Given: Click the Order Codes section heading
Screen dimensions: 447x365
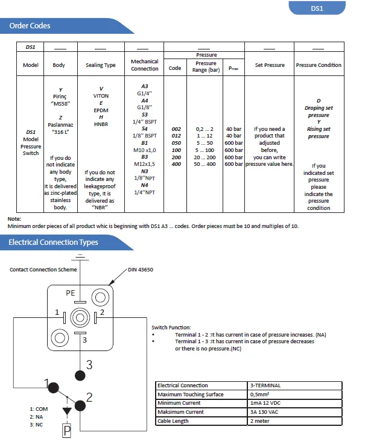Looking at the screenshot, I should pos(30,26).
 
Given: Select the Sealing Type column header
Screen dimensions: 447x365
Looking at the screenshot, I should pos(101,65).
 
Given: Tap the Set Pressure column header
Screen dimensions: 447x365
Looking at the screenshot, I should pos(270,65).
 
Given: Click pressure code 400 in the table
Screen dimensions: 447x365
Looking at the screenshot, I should pos(176,164).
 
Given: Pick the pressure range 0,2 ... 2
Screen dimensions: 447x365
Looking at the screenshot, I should pos(205,129).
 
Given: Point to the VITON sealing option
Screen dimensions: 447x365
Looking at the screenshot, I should pos(101,96).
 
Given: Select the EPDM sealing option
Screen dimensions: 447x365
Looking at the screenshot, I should pos(101,110).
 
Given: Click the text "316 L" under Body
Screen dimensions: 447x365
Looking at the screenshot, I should pos(60,132).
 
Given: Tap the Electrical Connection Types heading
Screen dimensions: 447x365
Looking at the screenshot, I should pos(53,243).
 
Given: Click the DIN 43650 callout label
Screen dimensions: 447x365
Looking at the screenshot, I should pos(141,270).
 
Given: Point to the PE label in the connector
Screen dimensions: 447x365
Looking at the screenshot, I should pos(71,293).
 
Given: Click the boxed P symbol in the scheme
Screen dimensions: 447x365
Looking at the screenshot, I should pos(67,431).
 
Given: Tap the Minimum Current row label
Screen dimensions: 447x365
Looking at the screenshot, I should pos(180,403).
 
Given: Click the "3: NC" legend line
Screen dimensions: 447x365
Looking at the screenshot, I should pos(37,425).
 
